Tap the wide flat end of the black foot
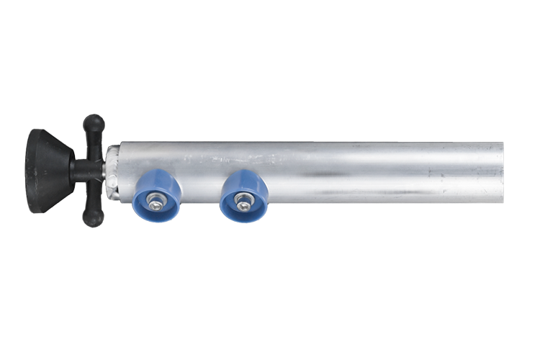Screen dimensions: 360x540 33,171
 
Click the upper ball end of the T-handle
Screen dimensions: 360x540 93,124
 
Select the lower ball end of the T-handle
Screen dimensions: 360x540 93,217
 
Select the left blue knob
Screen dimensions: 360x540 158,196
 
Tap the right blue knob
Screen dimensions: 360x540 243,195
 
